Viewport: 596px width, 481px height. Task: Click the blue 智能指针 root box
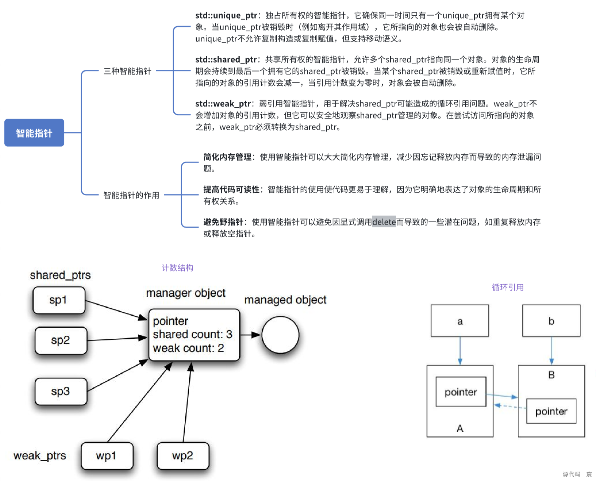pyautogui.click(x=34, y=133)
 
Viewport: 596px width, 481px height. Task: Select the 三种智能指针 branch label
pyautogui.click(x=127, y=71)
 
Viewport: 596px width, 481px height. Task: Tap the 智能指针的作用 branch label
pyautogui.click(x=131, y=195)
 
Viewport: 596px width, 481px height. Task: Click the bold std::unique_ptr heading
pyautogui.click(x=226, y=15)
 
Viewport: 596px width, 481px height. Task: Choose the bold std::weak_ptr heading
pyautogui.click(x=223, y=104)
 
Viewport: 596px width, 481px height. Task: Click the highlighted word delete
pyautogui.click(x=384, y=222)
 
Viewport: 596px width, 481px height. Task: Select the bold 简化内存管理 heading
pyautogui.click(x=227, y=157)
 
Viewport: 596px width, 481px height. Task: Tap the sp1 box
pyautogui.click(x=59, y=300)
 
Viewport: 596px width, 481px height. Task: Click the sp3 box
pyautogui.click(x=61, y=392)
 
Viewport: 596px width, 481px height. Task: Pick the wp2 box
pyautogui.click(x=182, y=456)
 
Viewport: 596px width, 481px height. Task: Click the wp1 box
pyautogui.click(x=107, y=456)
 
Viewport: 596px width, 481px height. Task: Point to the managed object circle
pyautogui.click(x=280, y=335)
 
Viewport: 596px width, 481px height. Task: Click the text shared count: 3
pyautogui.click(x=192, y=334)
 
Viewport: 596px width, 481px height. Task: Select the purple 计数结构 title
pyautogui.click(x=177, y=268)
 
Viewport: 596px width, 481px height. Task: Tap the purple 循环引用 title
pyautogui.click(x=508, y=288)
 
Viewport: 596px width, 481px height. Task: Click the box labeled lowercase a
pyautogui.click(x=460, y=321)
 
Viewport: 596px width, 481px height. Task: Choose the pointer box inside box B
pyautogui.click(x=551, y=411)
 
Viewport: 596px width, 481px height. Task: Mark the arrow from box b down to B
pyautogui.click(x=551, y=350)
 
